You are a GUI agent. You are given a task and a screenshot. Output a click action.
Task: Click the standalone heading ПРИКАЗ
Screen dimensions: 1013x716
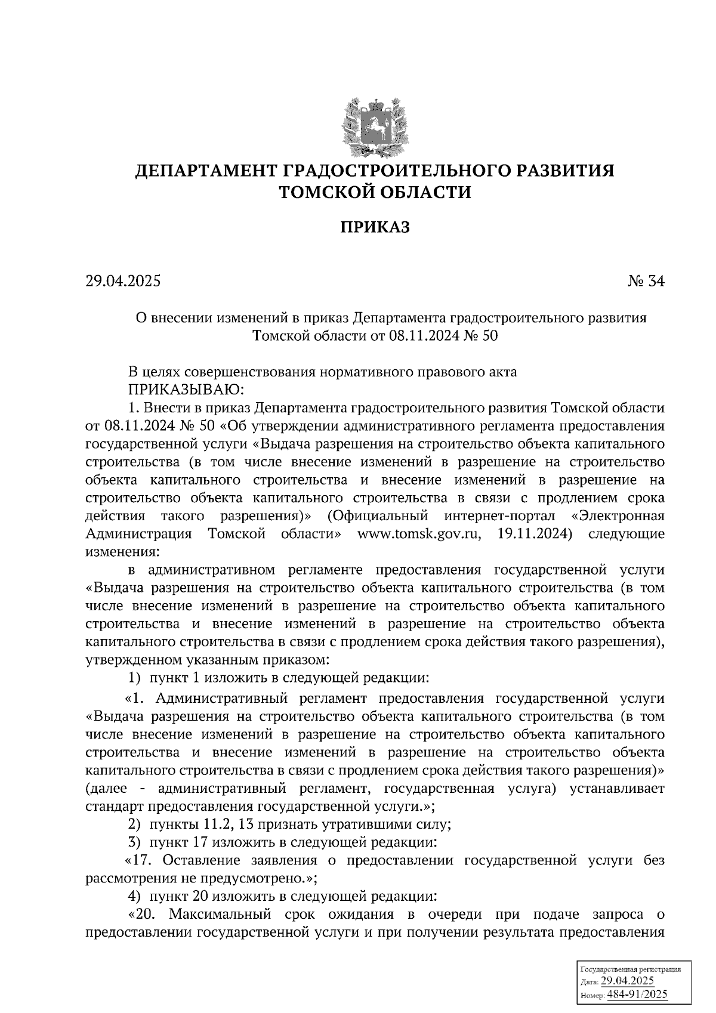coord(375,227)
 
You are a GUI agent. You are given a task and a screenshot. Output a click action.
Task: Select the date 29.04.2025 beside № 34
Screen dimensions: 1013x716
coord(123,281)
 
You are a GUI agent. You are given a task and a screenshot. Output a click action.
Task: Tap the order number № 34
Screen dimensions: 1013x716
coord(646,281)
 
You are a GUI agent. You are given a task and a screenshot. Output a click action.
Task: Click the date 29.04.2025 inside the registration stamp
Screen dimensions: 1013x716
coord(628,982)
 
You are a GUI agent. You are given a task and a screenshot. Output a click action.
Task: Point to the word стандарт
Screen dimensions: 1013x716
coord(114,807)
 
